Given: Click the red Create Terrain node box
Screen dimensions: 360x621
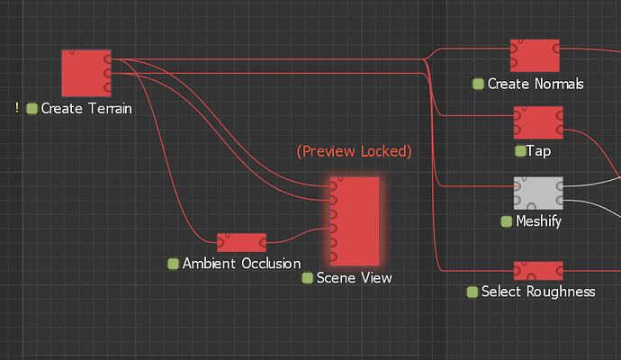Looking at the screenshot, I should point(85,73).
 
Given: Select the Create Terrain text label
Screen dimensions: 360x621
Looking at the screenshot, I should point(86,109).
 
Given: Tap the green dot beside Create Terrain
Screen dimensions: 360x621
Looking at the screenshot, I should point(31,109).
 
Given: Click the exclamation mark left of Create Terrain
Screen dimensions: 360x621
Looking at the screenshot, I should point(17,109).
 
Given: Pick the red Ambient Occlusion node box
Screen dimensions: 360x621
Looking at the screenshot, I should point(241,242).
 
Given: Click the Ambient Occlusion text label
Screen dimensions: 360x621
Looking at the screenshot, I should point(241,264).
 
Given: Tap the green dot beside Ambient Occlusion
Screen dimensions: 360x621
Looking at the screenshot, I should point(173,264).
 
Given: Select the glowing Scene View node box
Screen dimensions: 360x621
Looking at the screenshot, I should point(355,220).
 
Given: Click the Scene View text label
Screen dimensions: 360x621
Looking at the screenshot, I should point(354,278).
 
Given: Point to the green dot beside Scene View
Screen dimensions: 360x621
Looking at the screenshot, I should point(307,278).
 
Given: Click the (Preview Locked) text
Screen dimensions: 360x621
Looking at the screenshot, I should point(354,151).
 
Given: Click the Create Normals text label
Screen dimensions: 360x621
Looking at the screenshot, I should point(535,84).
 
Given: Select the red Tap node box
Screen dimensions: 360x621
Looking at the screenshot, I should point(538,122).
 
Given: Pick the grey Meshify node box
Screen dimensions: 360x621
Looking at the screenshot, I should point(538,193).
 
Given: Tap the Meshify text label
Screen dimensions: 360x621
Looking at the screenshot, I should point(538,220).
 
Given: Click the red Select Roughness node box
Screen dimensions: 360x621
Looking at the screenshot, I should point(538,271).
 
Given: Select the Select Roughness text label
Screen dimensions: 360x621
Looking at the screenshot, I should point(538,292).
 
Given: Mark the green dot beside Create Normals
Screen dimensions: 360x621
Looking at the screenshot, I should point(478,84).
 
